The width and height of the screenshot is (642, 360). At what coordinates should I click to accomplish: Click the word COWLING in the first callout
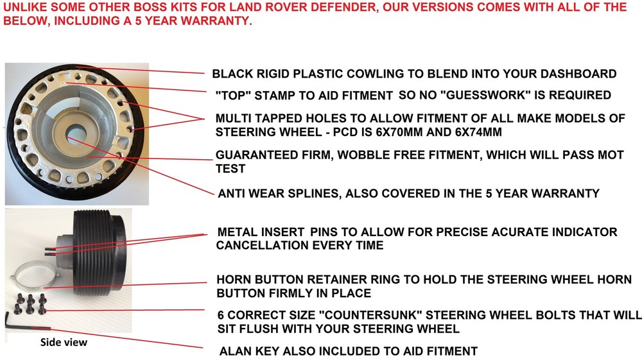point(373,74)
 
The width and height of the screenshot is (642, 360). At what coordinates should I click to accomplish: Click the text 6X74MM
point(478,132)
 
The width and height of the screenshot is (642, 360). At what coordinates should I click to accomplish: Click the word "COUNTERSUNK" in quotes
point(370,315)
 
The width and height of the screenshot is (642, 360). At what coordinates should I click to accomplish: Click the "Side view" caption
point(64,343)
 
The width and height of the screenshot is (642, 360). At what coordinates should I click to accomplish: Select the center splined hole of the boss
point(74,134)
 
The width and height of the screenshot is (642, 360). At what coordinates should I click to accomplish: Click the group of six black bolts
point(30,304)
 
